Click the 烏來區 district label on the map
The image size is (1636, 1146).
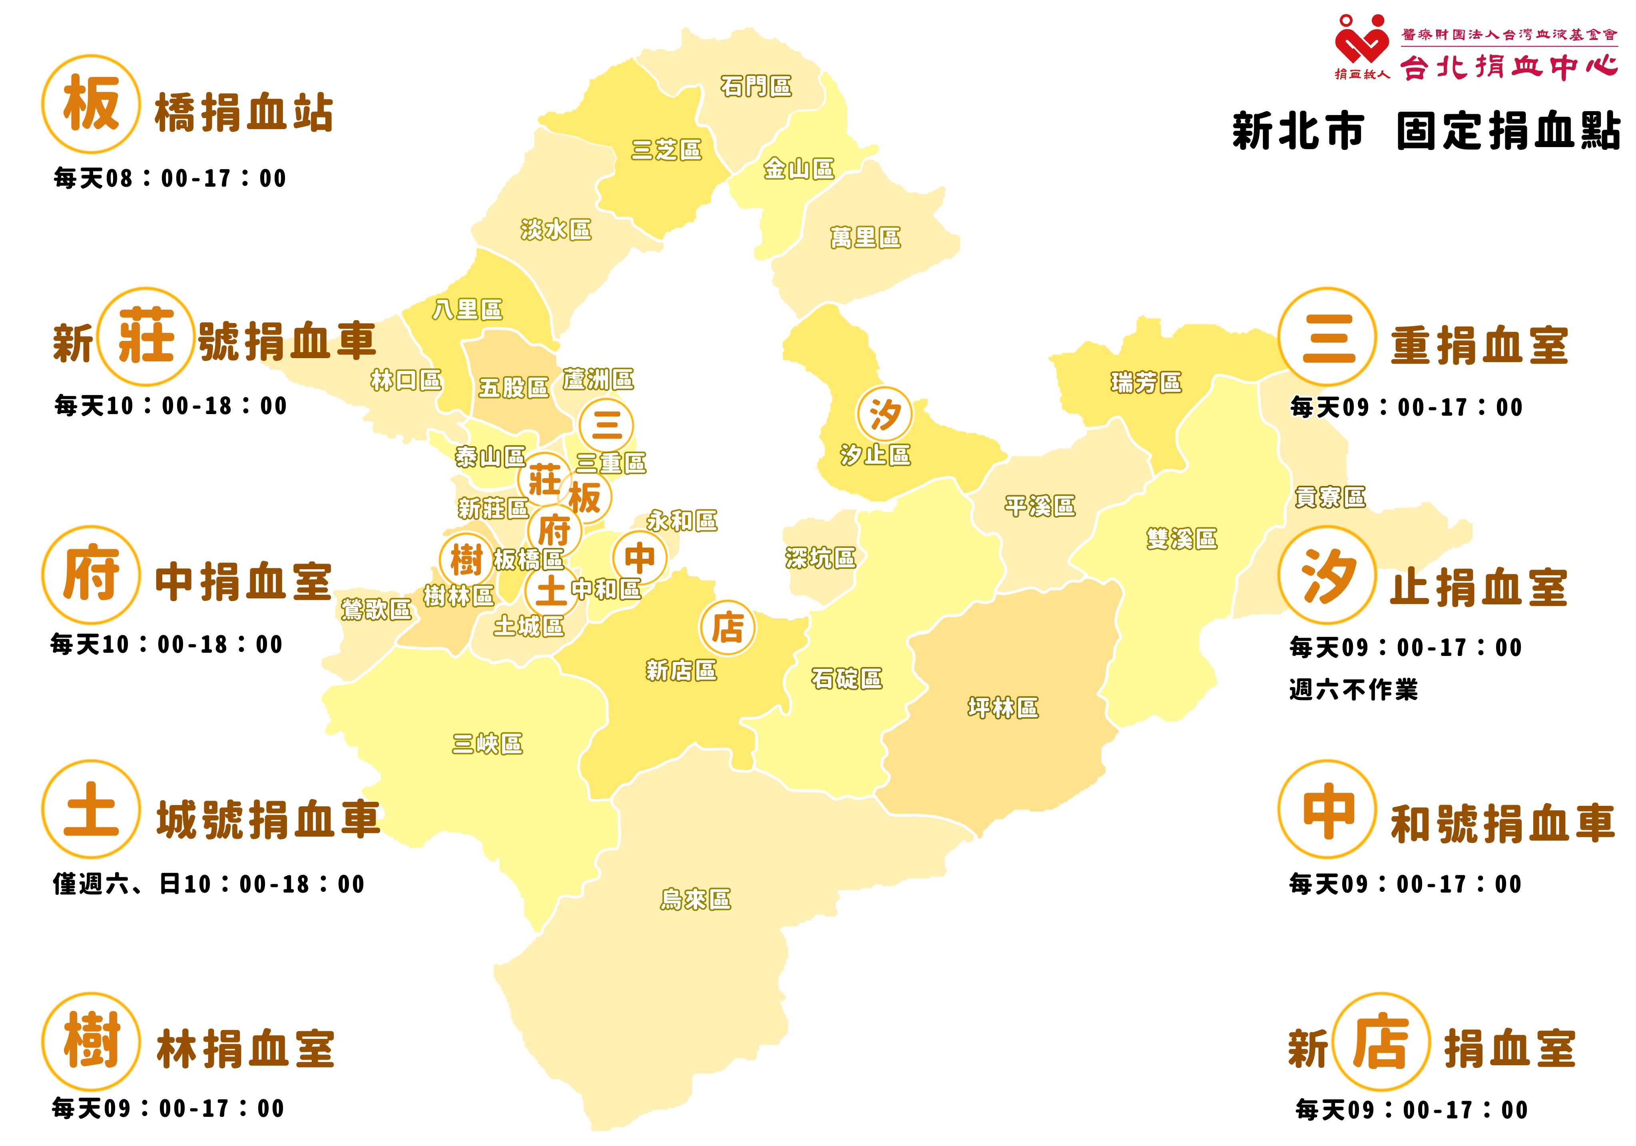695,899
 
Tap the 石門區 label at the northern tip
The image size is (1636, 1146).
756,86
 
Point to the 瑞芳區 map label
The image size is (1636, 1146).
1146,383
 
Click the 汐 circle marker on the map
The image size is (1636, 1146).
884,414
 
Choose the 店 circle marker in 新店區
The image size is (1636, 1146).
727,628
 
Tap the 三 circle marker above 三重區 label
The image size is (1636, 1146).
606,425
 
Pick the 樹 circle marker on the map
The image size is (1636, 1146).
466,560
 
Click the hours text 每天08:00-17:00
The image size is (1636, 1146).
169,178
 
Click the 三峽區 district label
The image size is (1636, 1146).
487,743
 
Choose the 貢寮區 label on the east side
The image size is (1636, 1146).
1329,497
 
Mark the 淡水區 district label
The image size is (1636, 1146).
556,229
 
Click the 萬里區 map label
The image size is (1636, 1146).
865,237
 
